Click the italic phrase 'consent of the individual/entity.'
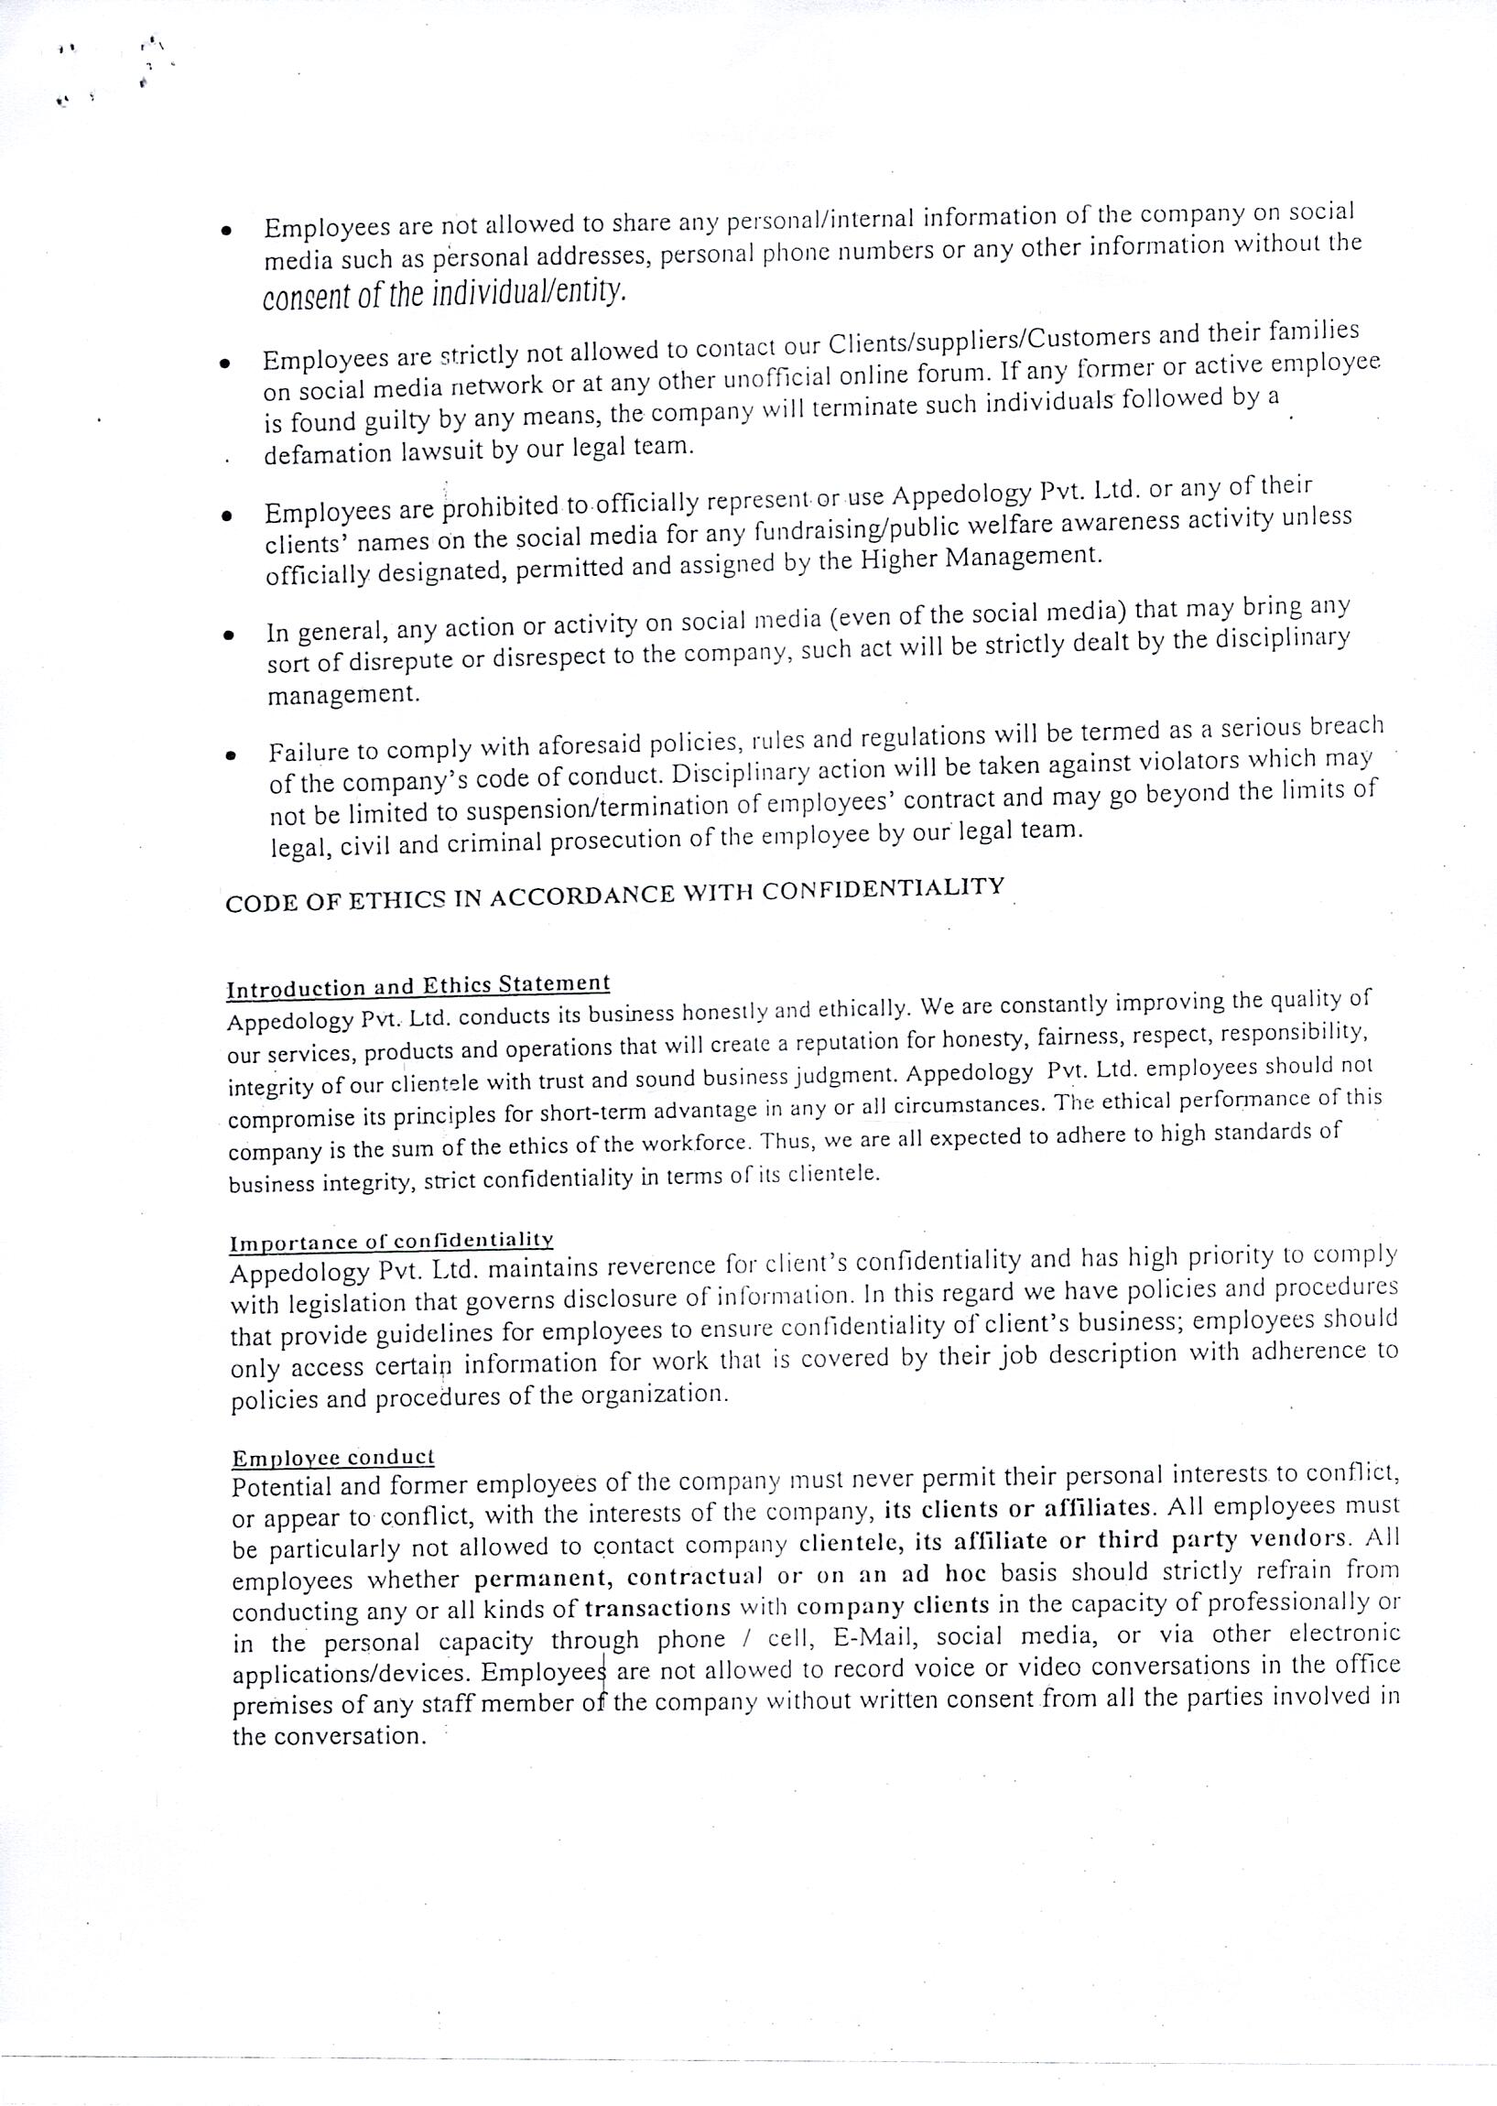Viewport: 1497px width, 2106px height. (x=444, y=293)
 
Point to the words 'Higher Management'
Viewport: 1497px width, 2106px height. (x=980, y=558)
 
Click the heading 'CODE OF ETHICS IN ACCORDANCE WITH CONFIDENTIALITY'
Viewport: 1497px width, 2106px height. (x=615, y=894)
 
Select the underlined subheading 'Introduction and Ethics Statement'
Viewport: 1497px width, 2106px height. (x=418, y=986)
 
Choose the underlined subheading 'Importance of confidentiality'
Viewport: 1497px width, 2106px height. (x=391, y=1242)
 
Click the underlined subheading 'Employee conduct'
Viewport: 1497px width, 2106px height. (x=332, y=1458)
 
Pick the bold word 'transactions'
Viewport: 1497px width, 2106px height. (x=657, y=1607)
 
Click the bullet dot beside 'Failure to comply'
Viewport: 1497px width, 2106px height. (x=230, y=755)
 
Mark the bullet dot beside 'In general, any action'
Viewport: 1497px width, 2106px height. (x=228, y=635)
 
